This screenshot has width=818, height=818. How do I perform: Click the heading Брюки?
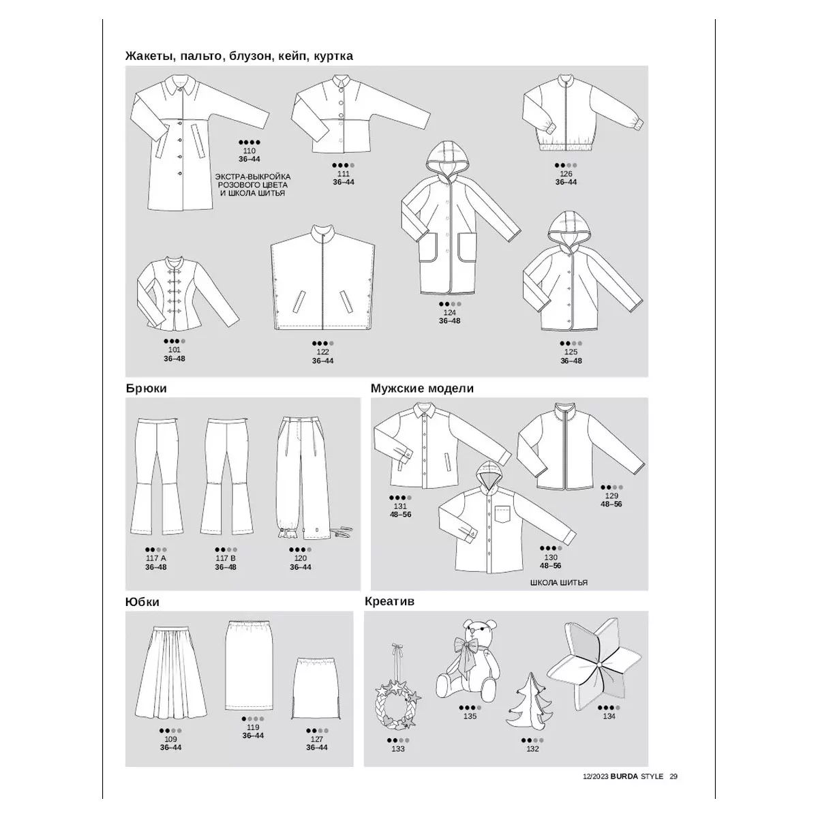coord(146,389)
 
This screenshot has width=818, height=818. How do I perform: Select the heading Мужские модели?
coord(422,389)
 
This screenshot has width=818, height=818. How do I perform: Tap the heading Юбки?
coord(142,602)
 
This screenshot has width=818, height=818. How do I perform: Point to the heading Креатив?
coord(389,601)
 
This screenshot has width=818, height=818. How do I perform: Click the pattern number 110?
coord(249,151)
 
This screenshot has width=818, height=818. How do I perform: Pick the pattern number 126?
coord(566,174)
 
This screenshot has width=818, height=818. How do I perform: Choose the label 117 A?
coord(156,558)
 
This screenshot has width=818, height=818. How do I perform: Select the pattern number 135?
coord(470,716)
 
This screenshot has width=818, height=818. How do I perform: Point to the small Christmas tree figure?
coord(530,699)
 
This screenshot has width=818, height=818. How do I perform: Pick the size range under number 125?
coord(571,361)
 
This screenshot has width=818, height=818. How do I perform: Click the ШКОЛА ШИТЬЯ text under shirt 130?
coord(559,583)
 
